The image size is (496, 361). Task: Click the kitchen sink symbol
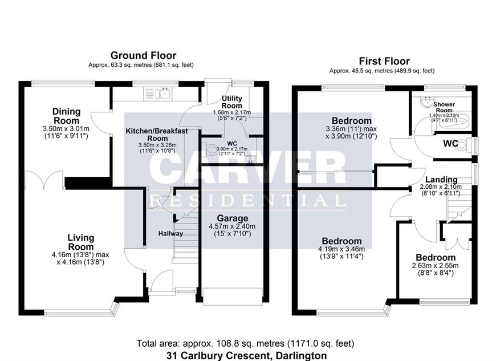tap(158, 94)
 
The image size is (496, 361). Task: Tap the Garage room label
tap(233, 218)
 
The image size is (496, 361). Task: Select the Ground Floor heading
tap(143, 55)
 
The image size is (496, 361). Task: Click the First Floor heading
tap(384, 61)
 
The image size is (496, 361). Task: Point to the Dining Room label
tap(67, 116)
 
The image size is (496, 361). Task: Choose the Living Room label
tap(81, 242)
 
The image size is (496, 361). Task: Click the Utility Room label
tap(232, 102)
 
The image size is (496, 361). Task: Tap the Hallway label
tap(171, 233)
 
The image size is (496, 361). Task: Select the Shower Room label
tap(444, 107)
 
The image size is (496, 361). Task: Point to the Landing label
tap(441, 180)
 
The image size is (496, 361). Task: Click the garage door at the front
tap(233, 297)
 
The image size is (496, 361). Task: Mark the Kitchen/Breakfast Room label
tap(157, 135)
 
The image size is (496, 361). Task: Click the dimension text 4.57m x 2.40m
tap(232, 226)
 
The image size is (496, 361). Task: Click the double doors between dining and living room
tap(44, 180)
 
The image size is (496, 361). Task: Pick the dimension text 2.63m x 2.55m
tap(435, 266)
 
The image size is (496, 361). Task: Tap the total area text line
tap(246, 343)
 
